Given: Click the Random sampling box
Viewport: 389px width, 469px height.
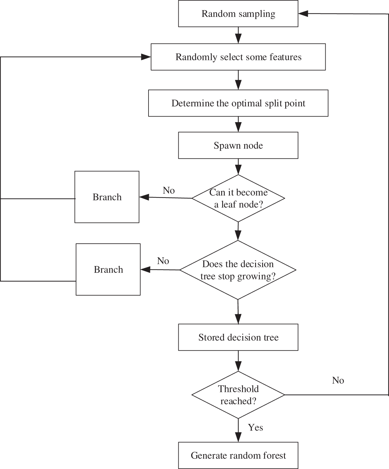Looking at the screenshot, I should pyautogui.click(x=238, y=14).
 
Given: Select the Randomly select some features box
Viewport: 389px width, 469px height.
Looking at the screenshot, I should pyautogui.click(x=238, y=57).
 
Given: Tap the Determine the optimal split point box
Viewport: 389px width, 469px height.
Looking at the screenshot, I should pyautogui.click(x=238, y=103).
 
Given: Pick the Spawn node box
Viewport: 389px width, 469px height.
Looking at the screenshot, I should pyautogui.click(x=238, y=145).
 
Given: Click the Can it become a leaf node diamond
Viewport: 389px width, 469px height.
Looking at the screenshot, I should pyautogui.click(x=238, y=198).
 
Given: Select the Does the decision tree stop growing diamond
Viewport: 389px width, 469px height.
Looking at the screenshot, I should pyautogui.click(x=238, y=270).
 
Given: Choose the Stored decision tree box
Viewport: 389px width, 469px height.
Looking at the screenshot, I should pyautogui.click(x=238, y=337).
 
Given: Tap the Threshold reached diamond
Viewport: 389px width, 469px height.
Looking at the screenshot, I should pyautogui.click(x=238, y=395).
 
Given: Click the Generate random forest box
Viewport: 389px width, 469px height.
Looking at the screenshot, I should pyautogui.click(x=238, y=455).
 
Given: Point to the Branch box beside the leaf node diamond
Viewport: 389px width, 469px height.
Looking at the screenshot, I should pyautogui.click(x=107, y=197).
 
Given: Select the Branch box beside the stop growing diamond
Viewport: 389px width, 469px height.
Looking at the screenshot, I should pyautogui.click(x=108, y=269).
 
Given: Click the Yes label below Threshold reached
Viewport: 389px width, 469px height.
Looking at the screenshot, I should pyautogui.click(x=255, y=427).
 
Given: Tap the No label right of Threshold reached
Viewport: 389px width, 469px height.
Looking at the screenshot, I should pyautogui.click(x=338, y=380).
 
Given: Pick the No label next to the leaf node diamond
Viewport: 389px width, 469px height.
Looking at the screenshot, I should pyautogui.click(x=169, y=190).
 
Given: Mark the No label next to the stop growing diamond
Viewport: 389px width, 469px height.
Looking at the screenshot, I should pyautogui.click(x=163, y=261).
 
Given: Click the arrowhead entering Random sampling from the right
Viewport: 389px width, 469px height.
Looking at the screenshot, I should pyautogui.click(x=303, y=13).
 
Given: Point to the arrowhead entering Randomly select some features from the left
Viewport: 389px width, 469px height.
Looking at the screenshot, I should pyautogui.click(x=146, y=57).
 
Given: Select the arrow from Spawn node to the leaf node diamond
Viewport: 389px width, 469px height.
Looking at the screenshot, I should pyautogui.click(x=238, y=167).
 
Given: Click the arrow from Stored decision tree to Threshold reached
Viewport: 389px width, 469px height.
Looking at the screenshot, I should pyautogui.click(x=238, y=361).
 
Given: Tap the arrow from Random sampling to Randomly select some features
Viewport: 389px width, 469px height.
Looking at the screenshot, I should pyautogui.click(x=238, y=35).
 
